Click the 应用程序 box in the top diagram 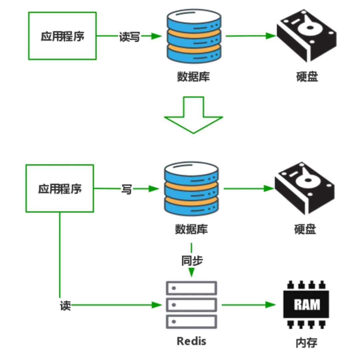[x=62, y=36]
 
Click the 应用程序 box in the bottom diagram [x=60, y=189]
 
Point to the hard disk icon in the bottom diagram [x=304, y=188]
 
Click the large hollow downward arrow [x=193, y=115]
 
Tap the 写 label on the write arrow [x=126, y=189]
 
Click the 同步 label [x=192, y=260]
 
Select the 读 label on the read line [x=65, y=305]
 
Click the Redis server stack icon [x=191, y=305]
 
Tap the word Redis [x=191, y=341]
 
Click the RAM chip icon [x=306, y=304]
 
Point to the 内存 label [x=306, y=342]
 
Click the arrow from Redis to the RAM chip [x=248, y=305]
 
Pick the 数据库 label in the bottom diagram [x=191, y=229]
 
